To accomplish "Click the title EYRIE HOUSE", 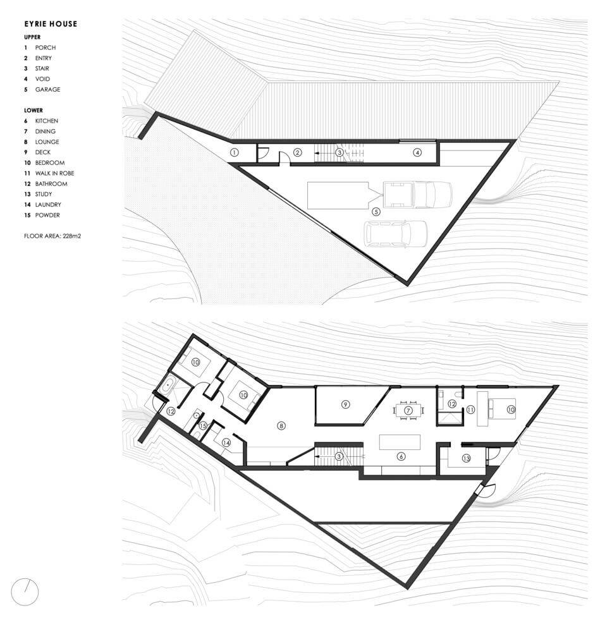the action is [51, 24].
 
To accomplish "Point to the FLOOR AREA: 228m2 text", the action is [52, 236].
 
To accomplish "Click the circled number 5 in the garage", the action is [376, 212].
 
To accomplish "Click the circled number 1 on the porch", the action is [234, 152].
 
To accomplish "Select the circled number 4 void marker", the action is [417, 152].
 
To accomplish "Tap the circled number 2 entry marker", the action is [298, 152].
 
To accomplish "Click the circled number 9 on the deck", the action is [345, 404].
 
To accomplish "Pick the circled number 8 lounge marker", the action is [281, 425].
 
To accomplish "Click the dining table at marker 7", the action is [409, 411].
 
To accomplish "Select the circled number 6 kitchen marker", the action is [401, 457].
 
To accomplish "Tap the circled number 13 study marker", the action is [467, 458].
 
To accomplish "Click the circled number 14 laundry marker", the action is [226, 443].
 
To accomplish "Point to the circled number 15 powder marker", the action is [203, 426].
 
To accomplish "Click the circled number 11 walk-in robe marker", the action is [470, 410].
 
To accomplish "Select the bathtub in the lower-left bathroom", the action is [168, 386].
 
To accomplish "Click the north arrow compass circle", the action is [25, 592].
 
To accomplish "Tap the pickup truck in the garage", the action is [418, 195].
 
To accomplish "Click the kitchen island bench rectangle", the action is [400, 442].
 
